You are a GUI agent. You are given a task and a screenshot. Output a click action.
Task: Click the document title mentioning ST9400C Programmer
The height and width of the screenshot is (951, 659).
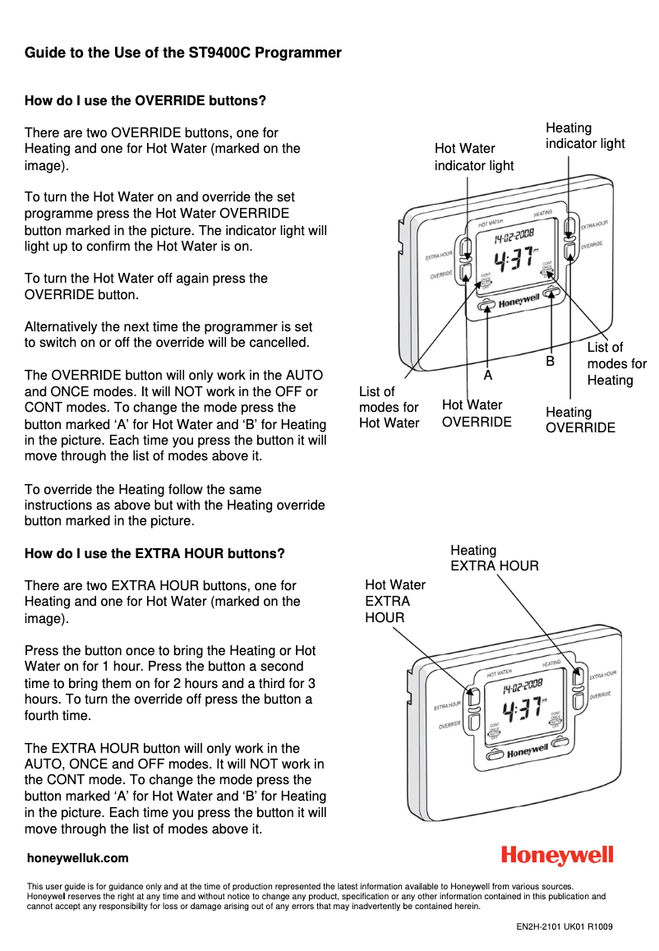coord(182,53)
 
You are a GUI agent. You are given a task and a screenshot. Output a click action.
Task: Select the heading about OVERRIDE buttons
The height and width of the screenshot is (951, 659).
coord(145,101)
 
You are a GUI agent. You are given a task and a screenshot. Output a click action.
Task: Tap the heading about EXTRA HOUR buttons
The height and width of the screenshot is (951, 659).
coord(154,553)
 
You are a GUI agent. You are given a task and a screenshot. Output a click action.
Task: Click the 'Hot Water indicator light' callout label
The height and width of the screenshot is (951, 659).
coord(473,157)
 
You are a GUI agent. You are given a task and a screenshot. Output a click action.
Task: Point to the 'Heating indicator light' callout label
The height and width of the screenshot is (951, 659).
coord(584,136)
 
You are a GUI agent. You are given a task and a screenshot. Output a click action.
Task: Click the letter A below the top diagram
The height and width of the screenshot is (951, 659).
coord(487,375)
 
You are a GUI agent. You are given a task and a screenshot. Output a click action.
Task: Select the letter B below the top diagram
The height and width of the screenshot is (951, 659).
coord(550,362)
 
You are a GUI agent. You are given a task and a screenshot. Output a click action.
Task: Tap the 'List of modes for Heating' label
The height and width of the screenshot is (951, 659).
coord(616,363)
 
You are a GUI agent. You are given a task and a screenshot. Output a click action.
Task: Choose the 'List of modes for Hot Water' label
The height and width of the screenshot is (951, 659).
coord(389,408)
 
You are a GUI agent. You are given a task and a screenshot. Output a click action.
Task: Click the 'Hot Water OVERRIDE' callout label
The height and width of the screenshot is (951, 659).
coord(477,413)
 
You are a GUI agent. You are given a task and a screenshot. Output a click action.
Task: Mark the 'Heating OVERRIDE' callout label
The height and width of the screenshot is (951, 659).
coord(580,420)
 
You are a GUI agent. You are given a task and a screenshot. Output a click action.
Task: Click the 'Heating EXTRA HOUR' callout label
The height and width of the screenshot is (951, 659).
coord(494,558)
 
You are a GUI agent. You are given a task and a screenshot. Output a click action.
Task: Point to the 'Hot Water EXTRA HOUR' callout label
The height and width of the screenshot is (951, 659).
coord(394,601)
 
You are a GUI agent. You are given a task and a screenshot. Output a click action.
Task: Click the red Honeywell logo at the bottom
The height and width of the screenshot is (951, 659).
coord(557,856)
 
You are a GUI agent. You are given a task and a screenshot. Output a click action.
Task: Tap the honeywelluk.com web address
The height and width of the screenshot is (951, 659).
coord(78,858)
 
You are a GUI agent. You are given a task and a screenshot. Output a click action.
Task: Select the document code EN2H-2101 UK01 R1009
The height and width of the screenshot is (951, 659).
coord(564,927)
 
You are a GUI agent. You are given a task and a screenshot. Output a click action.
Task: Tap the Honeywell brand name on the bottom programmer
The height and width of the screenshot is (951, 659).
coord(527,751)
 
